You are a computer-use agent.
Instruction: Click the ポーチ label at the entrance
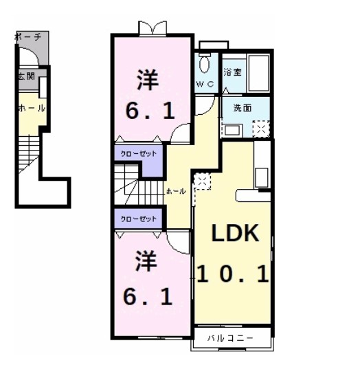pyautogui.click(x=29, y=36)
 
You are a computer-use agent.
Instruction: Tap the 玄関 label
pyautogui.click(x=24, y=76)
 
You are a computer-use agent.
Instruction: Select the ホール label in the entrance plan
pyautogui.click(x=31, y=109)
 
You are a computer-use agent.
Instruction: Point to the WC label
pyautogui.click(x=205, y=84)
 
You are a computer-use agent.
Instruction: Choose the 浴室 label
pyautogui.click(x=232, y=71)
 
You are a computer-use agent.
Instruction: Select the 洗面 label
pyautogui.click(x=241, y=108)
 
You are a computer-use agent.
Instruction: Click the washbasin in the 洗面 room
pyautogui.click(x=232, y=128)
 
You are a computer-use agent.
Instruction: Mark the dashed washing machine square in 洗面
pyautogui.click(x=261, y=129)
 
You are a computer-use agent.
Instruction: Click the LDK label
pyautogui.click(x=234, y=234)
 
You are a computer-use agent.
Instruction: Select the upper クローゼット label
pyautogui.click(x=138, y=154)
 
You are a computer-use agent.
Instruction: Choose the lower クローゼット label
pyautogui.click(x=138, y=219)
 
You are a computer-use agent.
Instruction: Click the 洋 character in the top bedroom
pyautogui.click(x=147, y=80)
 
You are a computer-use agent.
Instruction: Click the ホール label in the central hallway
pyautogui.click(x=176, y=192)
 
